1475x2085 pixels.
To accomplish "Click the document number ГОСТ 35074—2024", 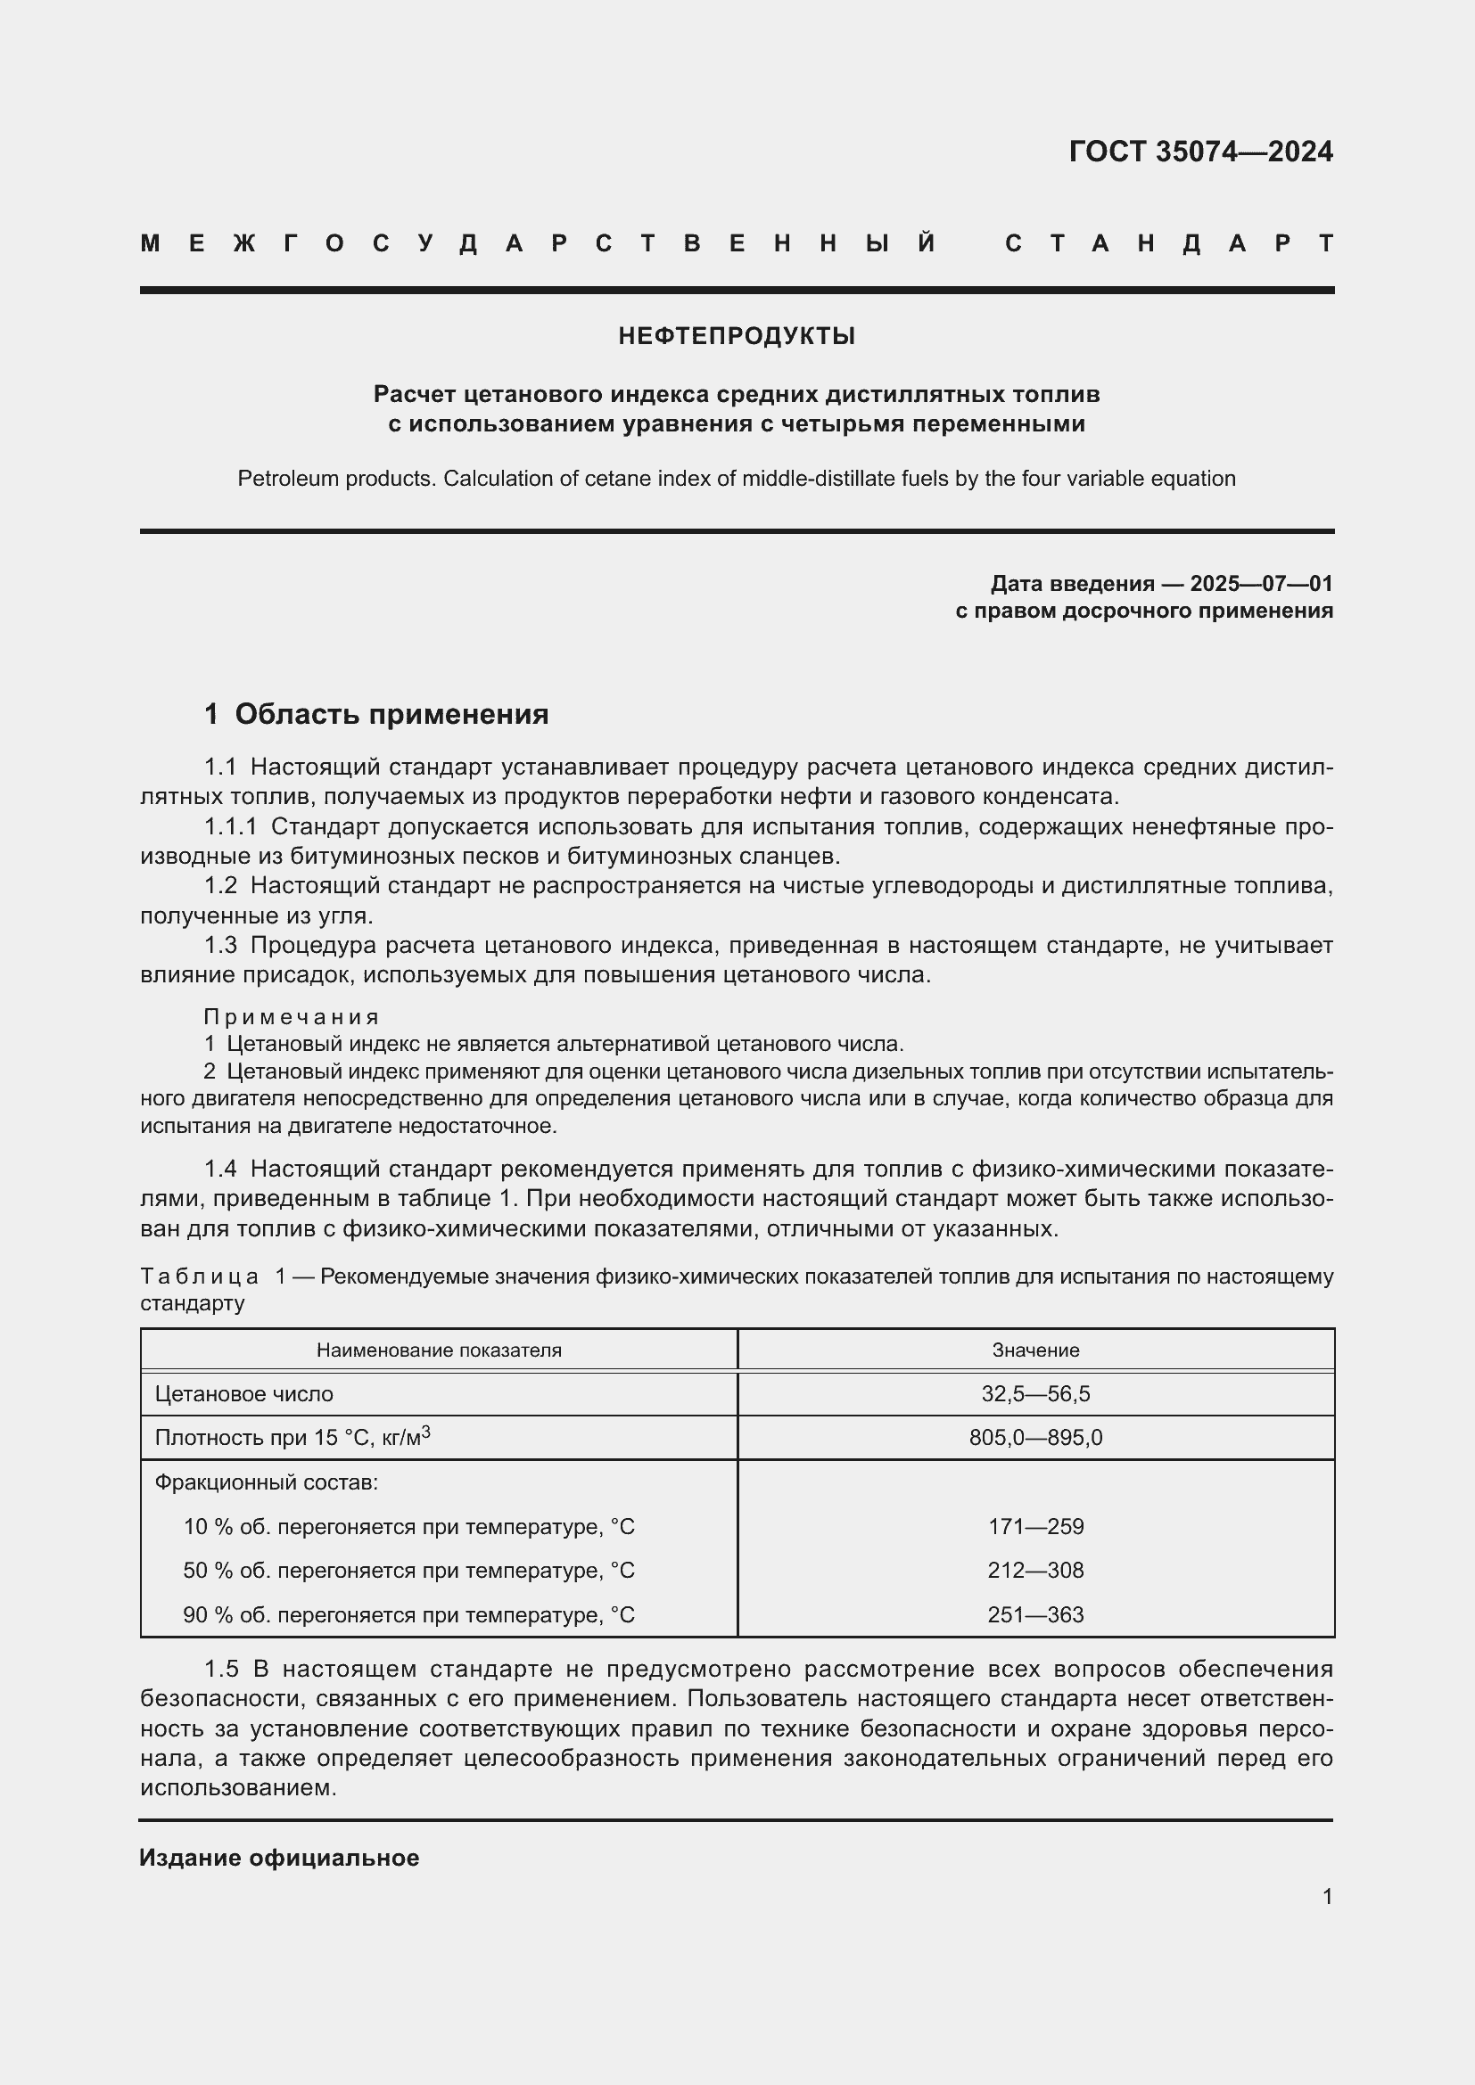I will click(x=1199, y=151).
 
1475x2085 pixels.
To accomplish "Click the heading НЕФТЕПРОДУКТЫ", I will click(x=737, y=336).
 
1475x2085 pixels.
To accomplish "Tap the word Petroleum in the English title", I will click(x=280, y=479).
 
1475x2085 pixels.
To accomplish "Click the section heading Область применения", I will click(x=391, y=714).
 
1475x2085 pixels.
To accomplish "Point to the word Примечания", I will click(x=291, y=1016).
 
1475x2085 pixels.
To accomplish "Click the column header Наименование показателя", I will click(x=439, y=1350).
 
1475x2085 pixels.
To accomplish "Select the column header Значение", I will click(x=1035, y=1350).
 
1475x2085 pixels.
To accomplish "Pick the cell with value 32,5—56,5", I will click(x=1035, y=1394).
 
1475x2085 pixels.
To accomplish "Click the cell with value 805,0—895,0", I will click(x=1035, y=1438).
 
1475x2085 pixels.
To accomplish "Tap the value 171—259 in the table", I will click(x=1035, y=1526).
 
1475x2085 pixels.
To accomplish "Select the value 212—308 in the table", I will click(x=1035, y=1570).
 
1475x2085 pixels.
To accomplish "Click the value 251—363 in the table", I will click(x=1035, y=1614).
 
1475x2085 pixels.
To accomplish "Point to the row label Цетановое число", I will click(x=244, y=1394).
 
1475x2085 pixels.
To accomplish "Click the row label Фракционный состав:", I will click(x=266, y=1482).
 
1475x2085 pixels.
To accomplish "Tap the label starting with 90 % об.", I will click(x=408, y=1614).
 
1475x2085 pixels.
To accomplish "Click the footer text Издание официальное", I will click(x=279, y=1857).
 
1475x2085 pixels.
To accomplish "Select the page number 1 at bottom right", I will click(x=1327, y=1896).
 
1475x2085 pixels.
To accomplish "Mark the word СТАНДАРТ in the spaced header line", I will click(x=1169, y=243).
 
